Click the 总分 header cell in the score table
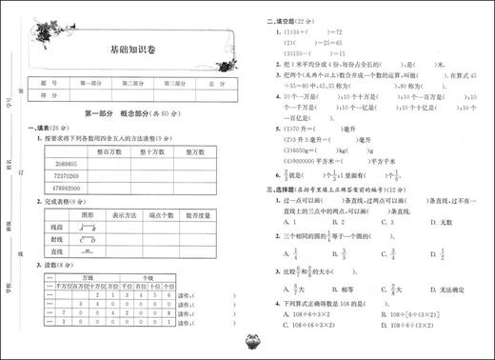point(217,83)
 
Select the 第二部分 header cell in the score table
point(132,83)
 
